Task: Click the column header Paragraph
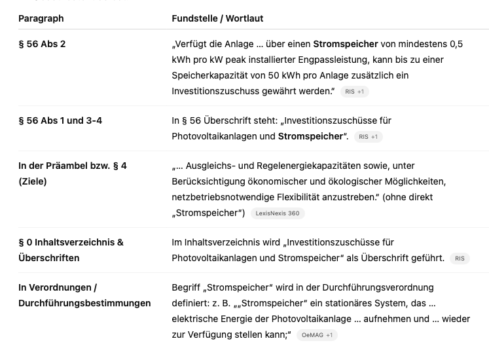(x=41, y=18)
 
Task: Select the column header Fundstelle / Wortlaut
(x=217, y=18)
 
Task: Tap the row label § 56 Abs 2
(x=42, y=45)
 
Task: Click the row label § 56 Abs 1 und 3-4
(x=60, y=121)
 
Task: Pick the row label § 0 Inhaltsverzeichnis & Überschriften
(x=71, y=250)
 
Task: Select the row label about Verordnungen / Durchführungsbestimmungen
(x=84, y=295)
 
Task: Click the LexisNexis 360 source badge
(x=278, y=213)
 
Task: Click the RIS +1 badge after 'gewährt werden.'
(x=355, y=92)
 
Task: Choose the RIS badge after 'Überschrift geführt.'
(x=460, y=259)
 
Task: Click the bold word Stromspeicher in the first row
(x=345, y=45)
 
